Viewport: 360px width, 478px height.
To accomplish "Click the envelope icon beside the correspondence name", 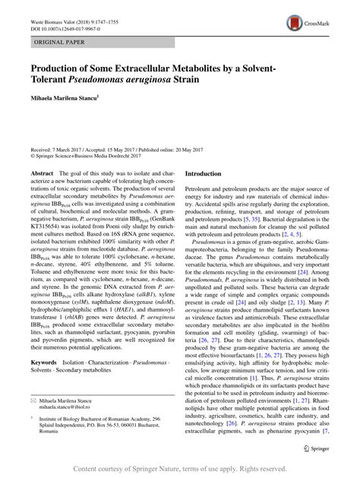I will tap(33, 397).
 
